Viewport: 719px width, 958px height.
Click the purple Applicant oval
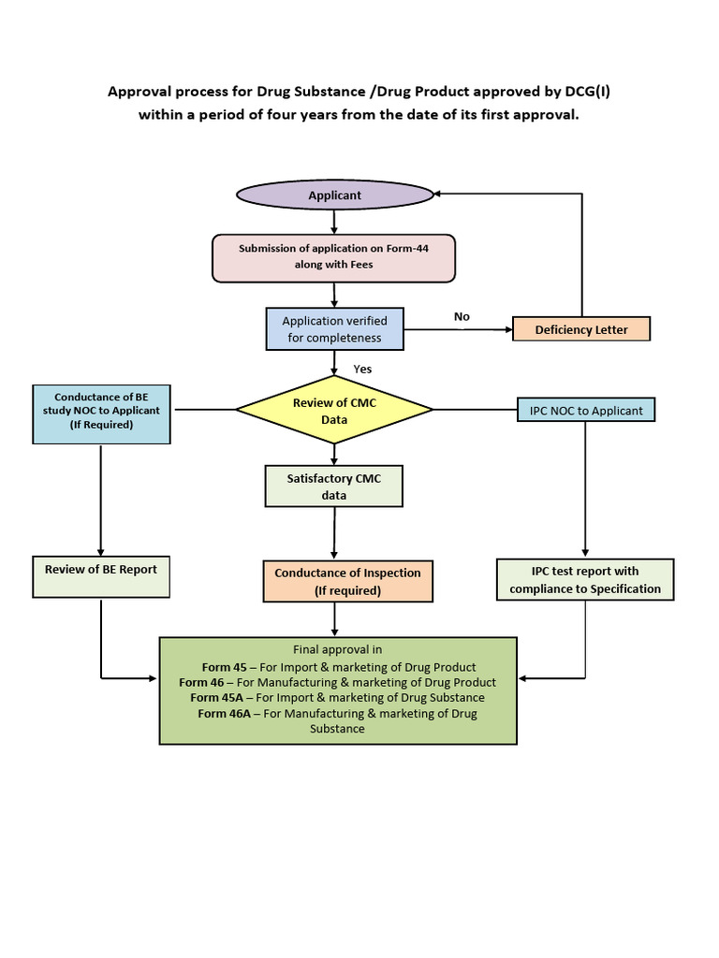[x=334, y=195]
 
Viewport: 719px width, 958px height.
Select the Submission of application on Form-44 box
[x=333, y=257]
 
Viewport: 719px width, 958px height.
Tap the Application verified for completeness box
[x=334, y=329]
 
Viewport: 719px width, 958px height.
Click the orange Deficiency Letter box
[x=581, y=329]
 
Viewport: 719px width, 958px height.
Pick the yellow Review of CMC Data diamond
[x=334, y=410]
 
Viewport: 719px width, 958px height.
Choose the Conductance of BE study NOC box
[x=101, y=412]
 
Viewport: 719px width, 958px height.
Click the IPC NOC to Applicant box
[x=586, y=411]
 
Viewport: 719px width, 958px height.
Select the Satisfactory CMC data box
[x=334, y=486]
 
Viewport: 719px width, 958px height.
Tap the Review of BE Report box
[x=101, y=576]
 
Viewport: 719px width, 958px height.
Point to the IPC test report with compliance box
[x=585, y=580]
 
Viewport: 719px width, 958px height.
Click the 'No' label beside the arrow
[x=462, y=317]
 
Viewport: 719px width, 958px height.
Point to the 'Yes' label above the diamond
[x=362, y=369]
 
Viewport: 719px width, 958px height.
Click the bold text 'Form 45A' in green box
[x=220, y=697]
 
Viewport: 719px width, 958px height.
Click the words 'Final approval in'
[x=338, y=649]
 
